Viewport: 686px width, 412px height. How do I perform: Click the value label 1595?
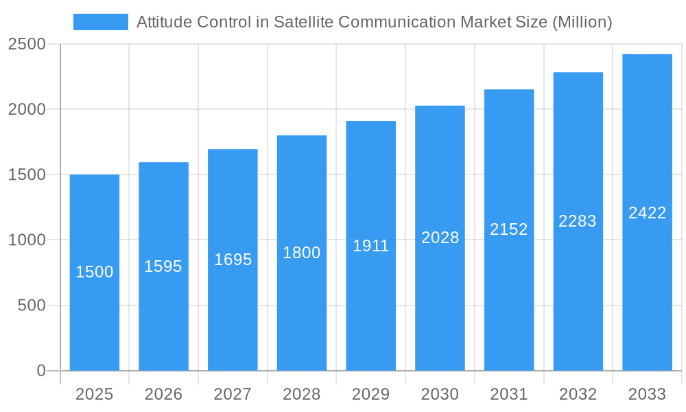click(x=163, y=266)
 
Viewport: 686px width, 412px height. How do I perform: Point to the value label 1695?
click(x=233, y=260)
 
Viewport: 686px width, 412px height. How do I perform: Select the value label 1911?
click(x=371, y=246)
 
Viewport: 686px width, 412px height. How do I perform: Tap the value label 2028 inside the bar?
click(x=440, y=238)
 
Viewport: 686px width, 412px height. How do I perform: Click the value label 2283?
click(x=578, y=221)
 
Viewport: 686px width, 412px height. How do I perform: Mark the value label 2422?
click(x=647, y=213)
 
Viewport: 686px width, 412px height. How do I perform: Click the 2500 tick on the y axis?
click(x=27, y=45)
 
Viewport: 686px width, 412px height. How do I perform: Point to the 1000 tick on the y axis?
click(x=27, y=240)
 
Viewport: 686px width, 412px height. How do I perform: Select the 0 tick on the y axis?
click(x=40, y=371)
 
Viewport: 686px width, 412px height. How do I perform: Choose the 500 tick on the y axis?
click(x=31, y=306)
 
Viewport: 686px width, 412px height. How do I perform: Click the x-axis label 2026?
click(x=163, y=394)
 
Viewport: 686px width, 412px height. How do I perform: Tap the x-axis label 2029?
click(x=371, y=394)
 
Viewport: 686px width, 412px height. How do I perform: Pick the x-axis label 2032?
click(x=578, y=394)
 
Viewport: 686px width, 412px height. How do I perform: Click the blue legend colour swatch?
click(x=101, y=22)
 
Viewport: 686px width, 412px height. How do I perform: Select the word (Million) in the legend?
click(x=582, y=22)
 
